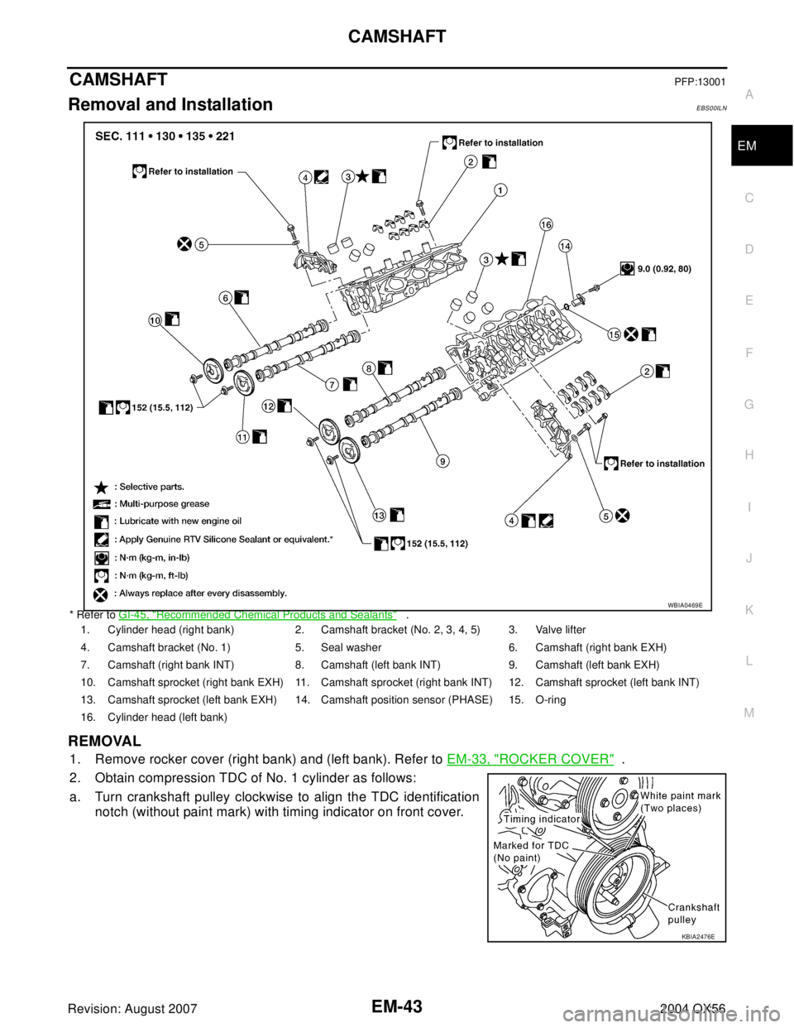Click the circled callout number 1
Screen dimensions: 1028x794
coord(501,190)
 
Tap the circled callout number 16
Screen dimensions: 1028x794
coord(546,224)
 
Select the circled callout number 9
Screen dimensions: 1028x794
coord(443,460)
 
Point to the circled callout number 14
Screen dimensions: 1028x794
coord(565,246)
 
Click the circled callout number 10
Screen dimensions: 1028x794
coord(155,321)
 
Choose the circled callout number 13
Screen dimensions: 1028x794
coord(379,516)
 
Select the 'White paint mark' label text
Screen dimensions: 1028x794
coord(681,795)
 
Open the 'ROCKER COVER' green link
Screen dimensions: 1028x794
coord(530,757)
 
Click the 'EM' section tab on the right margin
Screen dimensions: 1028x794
coord(748,147)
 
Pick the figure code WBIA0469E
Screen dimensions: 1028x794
coord(685,605)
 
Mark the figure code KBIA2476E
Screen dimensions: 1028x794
coord(698,937)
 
